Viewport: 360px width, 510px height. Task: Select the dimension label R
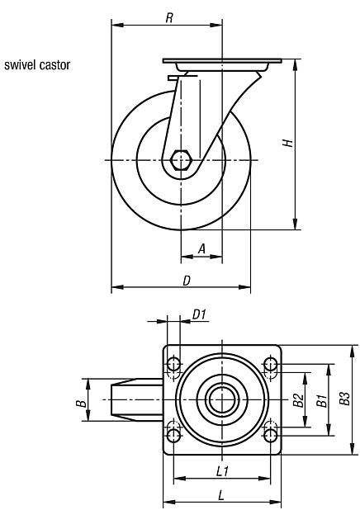tap(168, 17)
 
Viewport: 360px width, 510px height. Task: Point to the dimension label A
tap(202, 248)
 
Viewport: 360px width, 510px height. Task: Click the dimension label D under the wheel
tap(187, 280)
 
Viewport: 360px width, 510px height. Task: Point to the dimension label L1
tap(222, 470)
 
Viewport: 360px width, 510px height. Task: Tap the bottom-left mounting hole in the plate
tap(173, 434)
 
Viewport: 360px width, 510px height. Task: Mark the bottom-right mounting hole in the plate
tap(271, 434)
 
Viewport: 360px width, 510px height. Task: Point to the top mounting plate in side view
tap(223, 63)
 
